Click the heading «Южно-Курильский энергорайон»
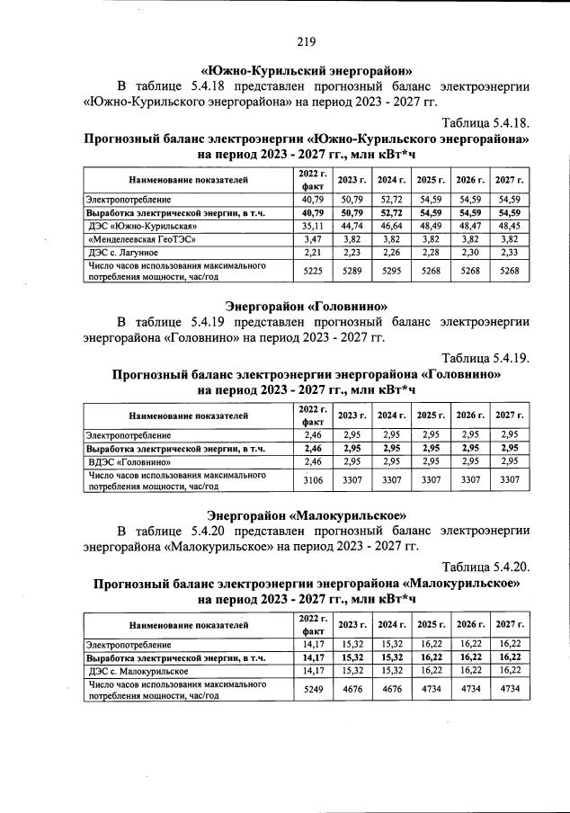pos(306,68)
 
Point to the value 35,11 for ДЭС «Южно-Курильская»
pos(313,226)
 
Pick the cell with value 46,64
pos(390,226)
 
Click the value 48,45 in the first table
pos(510,226)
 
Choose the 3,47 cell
pos(313,239)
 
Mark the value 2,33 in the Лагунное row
pos(510,253)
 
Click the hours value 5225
pos(313,271)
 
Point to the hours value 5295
pos(390,271)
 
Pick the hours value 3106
pos(313,479)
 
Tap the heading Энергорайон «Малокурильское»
pos(306,515)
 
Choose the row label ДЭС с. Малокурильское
pos(138,670)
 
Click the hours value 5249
pos(313,688)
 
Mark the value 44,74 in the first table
pos(352,226)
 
